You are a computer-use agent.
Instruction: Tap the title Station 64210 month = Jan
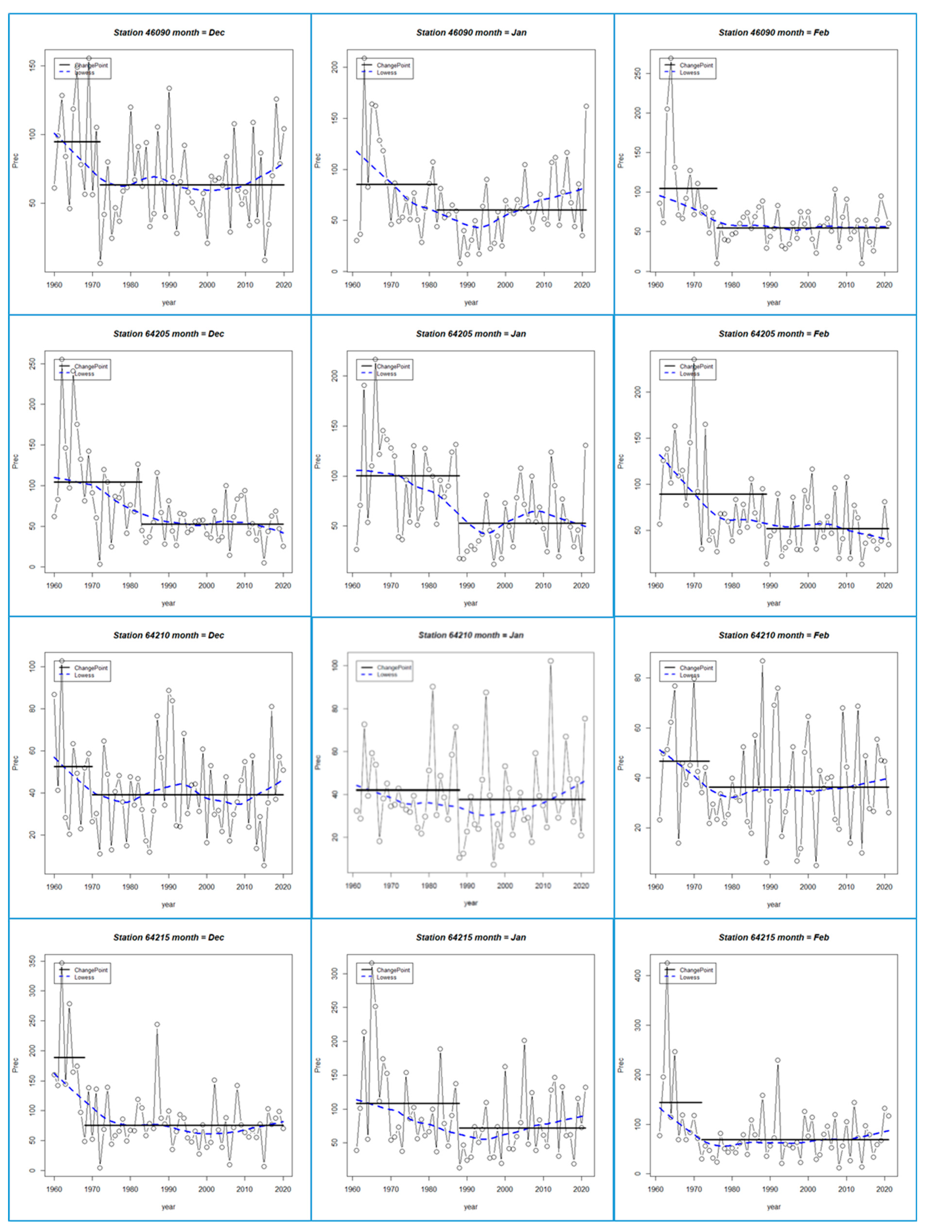pyautogui.click(x=471, y=635)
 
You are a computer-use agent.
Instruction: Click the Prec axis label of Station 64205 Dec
pyautogui.click(x=16, y=462)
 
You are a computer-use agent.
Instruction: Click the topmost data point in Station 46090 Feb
pyautogui.click(x=671, y=59)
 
